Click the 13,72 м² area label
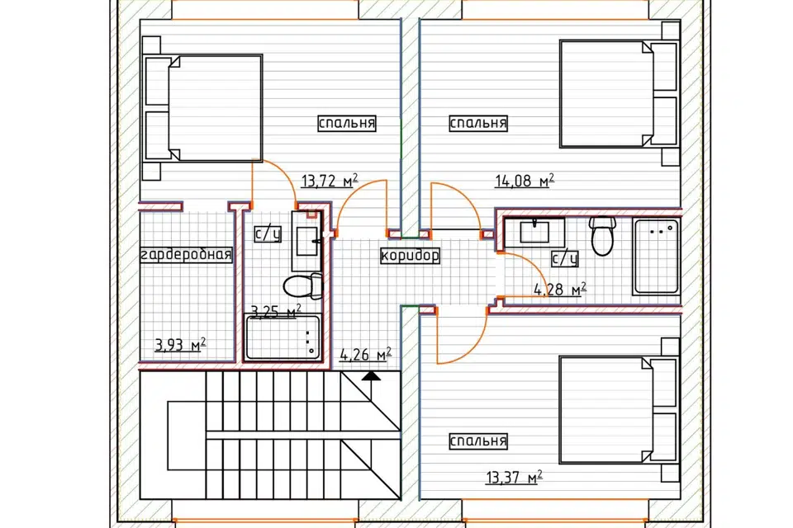pos(330,181)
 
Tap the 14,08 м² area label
pos(525,181)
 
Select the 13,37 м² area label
pos(515,477)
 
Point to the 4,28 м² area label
pos(560,290)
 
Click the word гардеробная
pos(186,255)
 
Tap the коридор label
pos(410,255)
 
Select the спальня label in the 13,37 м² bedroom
pos(478,441)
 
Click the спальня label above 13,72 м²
pos(347,123)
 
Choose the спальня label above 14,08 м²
pos(478,123)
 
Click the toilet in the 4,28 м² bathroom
pos(602,236)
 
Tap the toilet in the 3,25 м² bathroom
pos(302,286)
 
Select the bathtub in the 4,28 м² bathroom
pos(656,257)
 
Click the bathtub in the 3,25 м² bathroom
pos(283,337)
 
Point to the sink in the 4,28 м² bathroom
pos(534,233)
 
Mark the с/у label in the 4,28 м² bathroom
pos(565,259)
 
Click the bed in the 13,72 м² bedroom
pos(203,108)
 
